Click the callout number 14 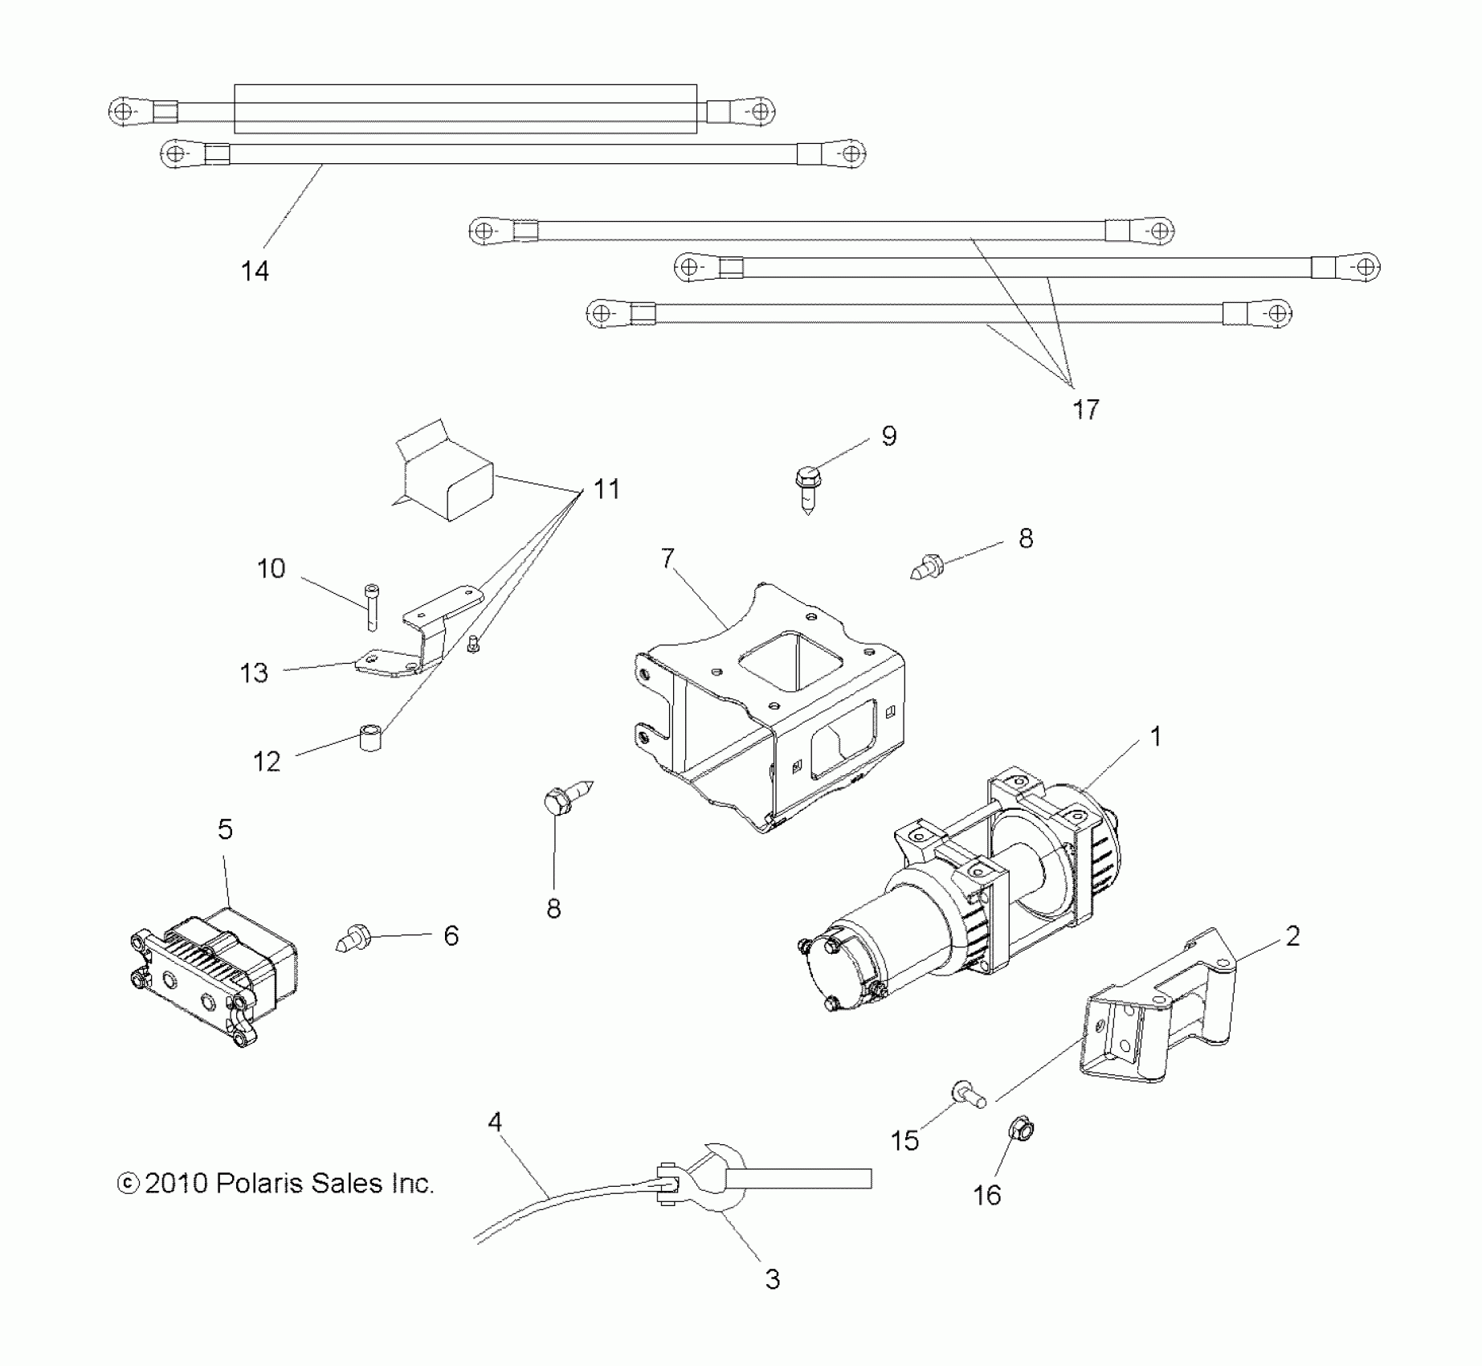[255, 272]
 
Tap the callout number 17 [1085, 410]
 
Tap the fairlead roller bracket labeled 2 [1157, 1004]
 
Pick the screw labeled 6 [350, 938]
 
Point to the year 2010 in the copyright [178, 1184]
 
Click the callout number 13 [254, 673]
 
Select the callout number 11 [606, 489]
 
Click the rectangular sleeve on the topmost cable [465, 108]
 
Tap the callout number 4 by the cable [495, 1122]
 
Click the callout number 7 [668, 558]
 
